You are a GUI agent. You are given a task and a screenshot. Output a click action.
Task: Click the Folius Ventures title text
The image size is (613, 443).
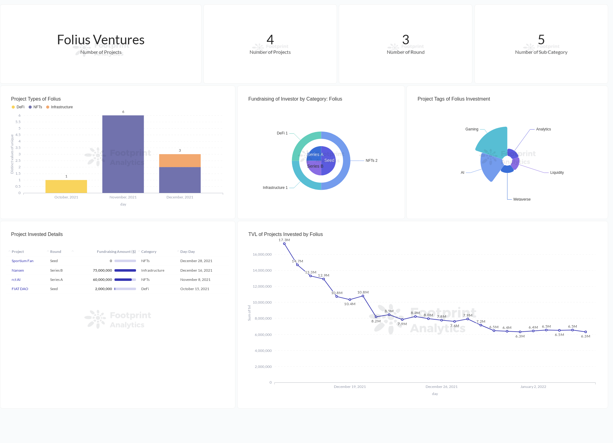click(101, 40)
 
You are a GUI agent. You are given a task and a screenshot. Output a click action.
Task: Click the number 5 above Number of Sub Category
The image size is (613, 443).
click(541, 40)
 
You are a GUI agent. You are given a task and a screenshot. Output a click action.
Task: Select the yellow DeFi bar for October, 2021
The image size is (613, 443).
click(66, 186)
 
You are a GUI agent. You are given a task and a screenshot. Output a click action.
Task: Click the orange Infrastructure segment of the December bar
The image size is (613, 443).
click(180, 161)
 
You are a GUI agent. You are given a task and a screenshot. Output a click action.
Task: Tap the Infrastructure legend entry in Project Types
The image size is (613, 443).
click(62, 107)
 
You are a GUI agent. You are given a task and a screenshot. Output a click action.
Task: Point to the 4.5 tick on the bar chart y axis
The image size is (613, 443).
click(18, 135)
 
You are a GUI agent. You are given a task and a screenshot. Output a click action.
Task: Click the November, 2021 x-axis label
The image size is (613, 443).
click(123, 197)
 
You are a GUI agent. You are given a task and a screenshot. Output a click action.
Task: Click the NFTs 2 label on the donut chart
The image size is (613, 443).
click(371, 161)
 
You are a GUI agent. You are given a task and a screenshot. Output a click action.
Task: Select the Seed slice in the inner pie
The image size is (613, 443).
click(329, 161)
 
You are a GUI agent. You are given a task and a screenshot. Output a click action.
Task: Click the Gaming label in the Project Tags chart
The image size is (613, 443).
click(471, 129)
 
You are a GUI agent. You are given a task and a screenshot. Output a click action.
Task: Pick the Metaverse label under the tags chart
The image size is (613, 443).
click(522, 199)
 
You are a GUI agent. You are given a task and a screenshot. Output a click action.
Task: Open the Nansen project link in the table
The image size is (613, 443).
click(18, 270)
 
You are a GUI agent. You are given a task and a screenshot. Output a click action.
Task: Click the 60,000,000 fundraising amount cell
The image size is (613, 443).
click(102, 280)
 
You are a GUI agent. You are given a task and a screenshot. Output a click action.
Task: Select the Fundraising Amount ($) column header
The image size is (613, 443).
click(116, 252)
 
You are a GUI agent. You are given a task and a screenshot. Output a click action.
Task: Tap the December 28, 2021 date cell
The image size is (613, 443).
click(196, 261)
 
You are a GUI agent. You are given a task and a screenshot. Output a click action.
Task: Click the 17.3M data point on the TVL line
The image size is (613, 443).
click(284, 244)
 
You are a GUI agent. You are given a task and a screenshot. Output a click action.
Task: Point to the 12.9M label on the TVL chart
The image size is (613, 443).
click(323, 275)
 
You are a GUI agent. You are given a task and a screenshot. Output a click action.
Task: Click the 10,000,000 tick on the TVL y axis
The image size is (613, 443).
click(262, 302)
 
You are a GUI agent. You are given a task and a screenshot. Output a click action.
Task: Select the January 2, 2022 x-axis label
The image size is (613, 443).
click(533, 387)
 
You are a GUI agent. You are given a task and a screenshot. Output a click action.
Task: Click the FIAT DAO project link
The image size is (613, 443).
click(20, 289)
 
